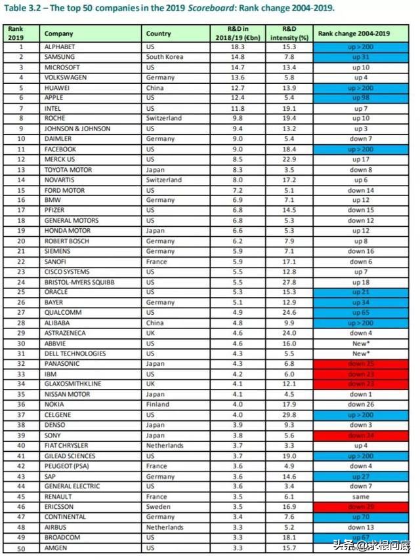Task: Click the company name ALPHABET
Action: pos(60,47)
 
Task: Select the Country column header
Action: pos(159,33)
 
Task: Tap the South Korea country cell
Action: pos(165,58)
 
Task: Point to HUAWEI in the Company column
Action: pos(57,88)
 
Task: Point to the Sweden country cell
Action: pos(158,507)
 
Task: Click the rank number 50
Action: pos(20,548)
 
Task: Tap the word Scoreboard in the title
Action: pos(230,9)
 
